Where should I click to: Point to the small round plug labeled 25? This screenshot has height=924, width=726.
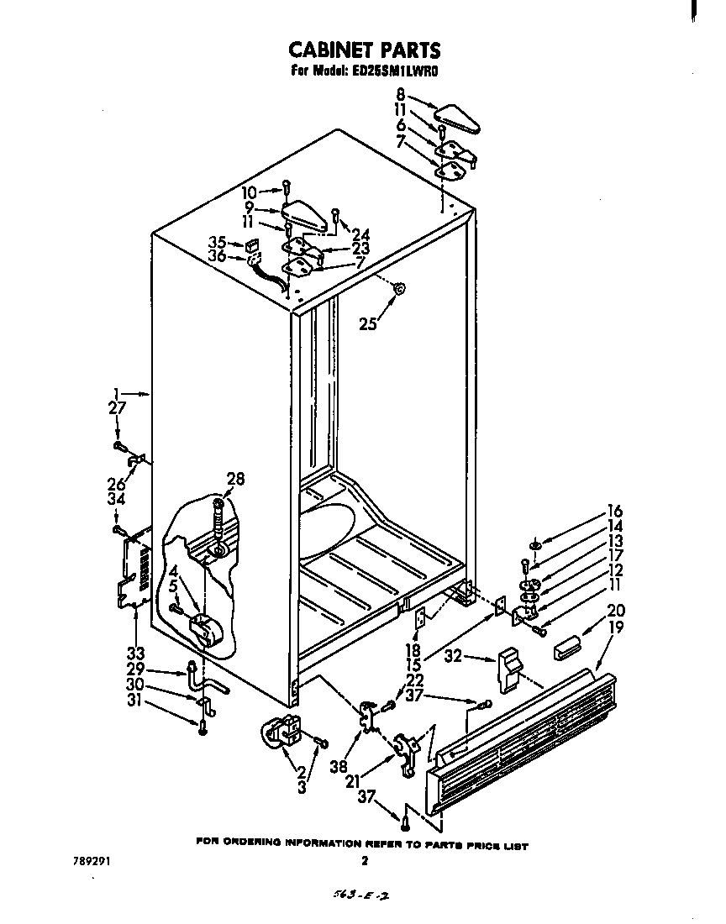point(400,289)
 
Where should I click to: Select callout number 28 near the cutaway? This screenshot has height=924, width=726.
point(235,479)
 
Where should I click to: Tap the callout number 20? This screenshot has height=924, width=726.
point(617,611)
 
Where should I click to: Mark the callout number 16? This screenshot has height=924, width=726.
point(615,512)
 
